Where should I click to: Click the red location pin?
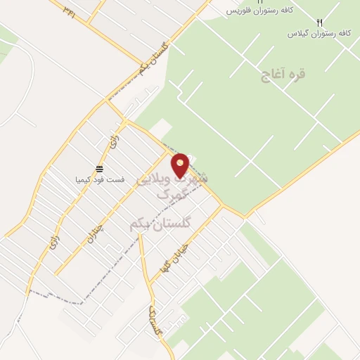[181, 165]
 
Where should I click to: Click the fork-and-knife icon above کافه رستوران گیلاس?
[320, 22]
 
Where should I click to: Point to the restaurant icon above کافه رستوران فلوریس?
[259, 2]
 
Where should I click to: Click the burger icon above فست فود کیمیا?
[99, 169]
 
